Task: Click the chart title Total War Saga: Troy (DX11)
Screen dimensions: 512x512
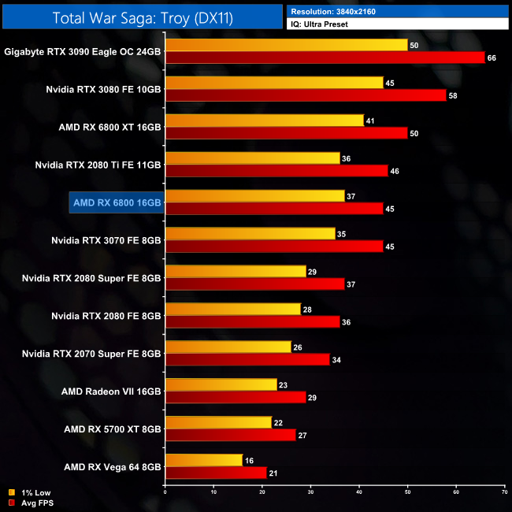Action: [x=143, y=17]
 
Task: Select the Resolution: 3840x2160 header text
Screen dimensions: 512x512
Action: [x=334, y=13]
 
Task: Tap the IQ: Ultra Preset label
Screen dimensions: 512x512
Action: [x=320, y=24]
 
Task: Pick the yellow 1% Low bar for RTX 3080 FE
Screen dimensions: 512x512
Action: [x=274, y=83]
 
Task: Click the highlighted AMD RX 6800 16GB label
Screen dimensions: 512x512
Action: [x=117, y=202]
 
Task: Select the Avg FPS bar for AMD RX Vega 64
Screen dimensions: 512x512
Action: [x=216, y=473]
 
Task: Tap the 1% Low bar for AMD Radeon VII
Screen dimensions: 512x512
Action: [x=221, y=384]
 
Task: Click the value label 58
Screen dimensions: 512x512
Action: [x=453, y=95]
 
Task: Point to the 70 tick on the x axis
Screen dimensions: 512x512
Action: [x=504, y=494]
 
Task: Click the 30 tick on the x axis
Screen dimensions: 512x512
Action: [x=310, y=494]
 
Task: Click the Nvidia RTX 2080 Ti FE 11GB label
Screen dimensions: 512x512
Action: [x=98, y=165]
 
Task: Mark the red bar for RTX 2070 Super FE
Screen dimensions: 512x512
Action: [x=247, y=359]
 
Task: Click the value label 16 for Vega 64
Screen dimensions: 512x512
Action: [x=249, y=460]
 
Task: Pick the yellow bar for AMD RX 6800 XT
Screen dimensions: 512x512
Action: [x=265, y=121]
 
